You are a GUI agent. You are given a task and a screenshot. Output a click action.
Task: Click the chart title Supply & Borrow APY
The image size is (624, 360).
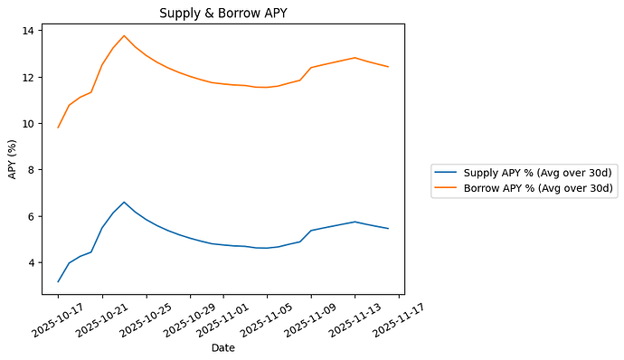(x=222, y=13)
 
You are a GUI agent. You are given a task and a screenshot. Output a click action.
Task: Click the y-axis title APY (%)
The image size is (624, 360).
(x=13, y=158)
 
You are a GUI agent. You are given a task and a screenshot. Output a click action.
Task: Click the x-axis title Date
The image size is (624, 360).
(x=222, y=347)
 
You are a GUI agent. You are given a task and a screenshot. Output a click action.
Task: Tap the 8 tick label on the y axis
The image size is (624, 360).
(x=31, y=170)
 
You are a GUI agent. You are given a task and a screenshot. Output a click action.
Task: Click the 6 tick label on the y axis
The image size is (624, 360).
(x=31, y=216)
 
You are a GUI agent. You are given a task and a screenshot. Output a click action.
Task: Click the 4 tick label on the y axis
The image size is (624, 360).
(x=31, y=263)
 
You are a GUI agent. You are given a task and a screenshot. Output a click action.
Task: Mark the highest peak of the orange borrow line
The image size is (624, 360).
(x=124, y=36)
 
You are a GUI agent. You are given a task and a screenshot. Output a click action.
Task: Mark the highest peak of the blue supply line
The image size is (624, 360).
(x=124, y=203)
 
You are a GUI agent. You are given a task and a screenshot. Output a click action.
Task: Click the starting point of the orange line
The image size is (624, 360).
(x=58, y=128)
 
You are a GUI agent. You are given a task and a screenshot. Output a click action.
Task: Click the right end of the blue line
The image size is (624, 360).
(x=388, y=228)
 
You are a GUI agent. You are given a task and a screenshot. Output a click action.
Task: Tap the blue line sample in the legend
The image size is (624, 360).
(x=447, y=172)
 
